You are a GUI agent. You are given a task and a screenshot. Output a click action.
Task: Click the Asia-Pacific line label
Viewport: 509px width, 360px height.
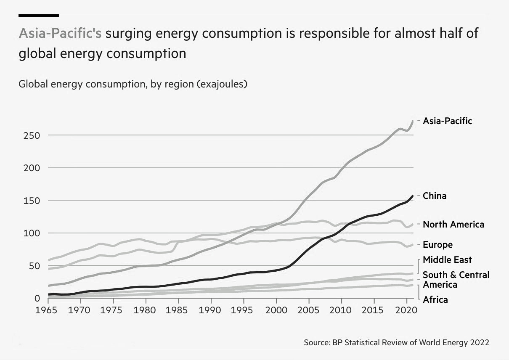point(447,121)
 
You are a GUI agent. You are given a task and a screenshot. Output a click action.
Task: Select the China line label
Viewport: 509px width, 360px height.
point(435,196)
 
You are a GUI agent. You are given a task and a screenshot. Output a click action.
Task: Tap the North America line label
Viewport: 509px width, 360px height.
point(453,225)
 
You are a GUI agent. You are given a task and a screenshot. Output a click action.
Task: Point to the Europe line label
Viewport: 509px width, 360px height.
point(437,245)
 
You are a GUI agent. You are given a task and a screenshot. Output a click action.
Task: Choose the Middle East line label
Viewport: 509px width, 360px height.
point(447,260)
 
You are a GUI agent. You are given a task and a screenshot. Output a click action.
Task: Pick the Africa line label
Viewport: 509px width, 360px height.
point(435,300)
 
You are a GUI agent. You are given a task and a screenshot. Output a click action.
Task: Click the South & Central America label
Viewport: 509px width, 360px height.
point(456,280)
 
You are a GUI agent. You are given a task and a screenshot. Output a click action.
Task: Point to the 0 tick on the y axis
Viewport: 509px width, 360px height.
point(37,298)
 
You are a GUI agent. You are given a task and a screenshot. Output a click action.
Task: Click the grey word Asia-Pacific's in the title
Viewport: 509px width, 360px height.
point(60,34)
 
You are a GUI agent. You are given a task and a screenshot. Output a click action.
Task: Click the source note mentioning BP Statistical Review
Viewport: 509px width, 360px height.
point(396,343)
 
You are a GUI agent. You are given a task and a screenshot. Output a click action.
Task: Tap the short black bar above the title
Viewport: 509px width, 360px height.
point(39,15)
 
